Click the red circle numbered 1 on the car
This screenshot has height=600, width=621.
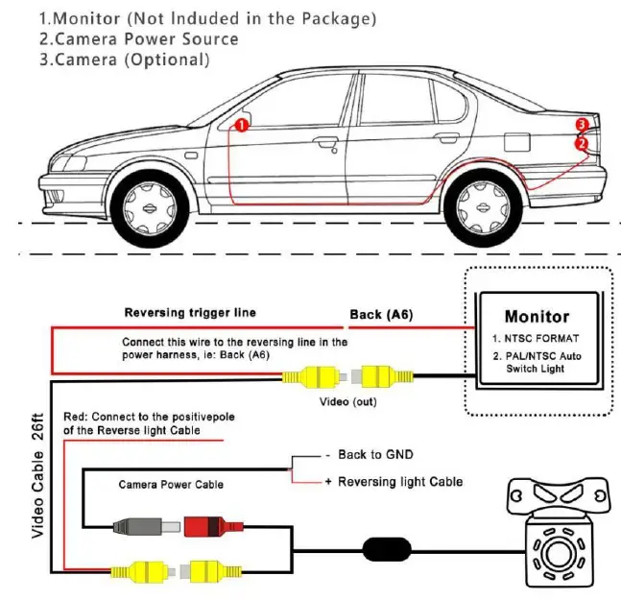coord(242,125)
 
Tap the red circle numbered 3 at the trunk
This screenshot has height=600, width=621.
coord(582,125)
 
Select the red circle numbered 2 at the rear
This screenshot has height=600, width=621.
coord(582,143)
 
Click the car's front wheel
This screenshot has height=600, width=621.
coord(150,207)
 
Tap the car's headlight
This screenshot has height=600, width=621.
coord(70,163)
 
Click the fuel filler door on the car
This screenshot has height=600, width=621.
coord(516,142)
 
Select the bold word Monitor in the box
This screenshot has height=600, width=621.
coord(537,317)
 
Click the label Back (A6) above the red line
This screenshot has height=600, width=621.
coord(381,315)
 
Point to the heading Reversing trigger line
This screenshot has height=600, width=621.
coord(190,312)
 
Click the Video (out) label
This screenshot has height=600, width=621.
coord(347,401)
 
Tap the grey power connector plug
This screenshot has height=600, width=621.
coord(147,526)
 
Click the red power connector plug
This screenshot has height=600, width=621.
coord(213,526)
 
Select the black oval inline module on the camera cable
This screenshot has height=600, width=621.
coord(387,549)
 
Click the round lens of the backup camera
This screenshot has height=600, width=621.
coord(559,553)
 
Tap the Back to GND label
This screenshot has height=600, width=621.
coord(375,454)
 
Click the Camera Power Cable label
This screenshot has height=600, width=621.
coord(171,485)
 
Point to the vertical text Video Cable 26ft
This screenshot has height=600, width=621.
coord(37,475)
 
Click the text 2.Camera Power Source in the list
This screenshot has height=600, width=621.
coord(138,38)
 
